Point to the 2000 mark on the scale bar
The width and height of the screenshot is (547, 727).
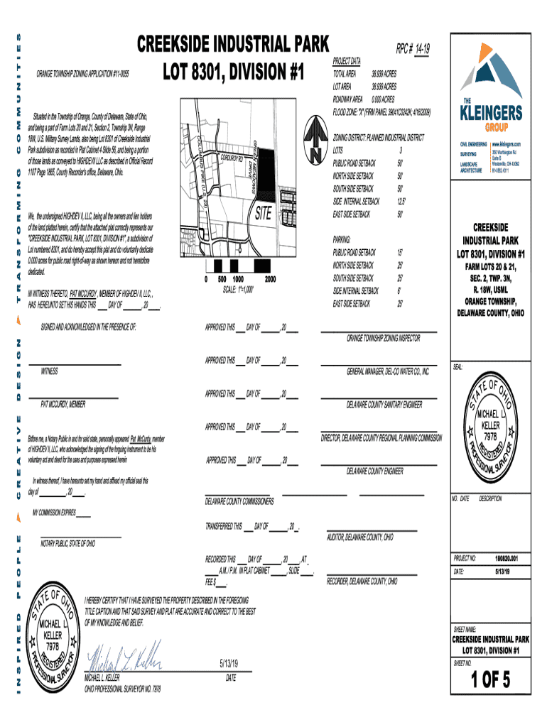pyautogui.click(x=270, y=279)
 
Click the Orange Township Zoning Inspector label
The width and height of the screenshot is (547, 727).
pyautogui.click(x=383, y=339)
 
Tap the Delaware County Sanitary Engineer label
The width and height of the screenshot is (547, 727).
pyautogui.click(x=384, y=405)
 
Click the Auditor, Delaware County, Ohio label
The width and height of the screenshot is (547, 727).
pyautogui.click(x=359, y=537)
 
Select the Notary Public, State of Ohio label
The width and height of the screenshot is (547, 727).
pyautogui.click(x=67, y=544)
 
